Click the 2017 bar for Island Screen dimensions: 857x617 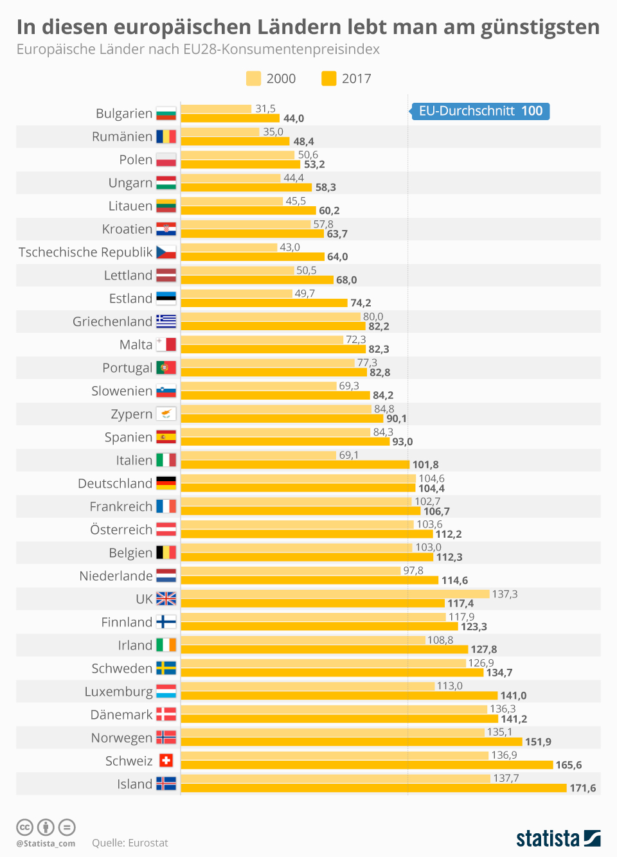click(x=373, y=788)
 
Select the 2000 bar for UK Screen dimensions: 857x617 click(x=335, y=594)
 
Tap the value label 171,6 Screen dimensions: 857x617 click(x=583, y=788)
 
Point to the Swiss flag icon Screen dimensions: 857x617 click(x=166, y=761)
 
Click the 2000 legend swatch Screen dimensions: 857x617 click(x=253, y=78)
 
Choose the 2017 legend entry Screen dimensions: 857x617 click(x=347, y=78)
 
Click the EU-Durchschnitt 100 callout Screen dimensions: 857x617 click(x=480, y=111)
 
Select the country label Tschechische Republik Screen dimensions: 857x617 click(x=85, y=252)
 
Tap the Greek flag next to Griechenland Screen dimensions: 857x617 click(x=166, y=321)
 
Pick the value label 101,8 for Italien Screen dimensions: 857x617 click(x=425, y=464)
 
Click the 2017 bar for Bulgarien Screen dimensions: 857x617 click(x=230, y=118)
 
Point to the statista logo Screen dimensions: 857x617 click(x=558, y=838)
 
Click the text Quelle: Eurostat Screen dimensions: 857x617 click(x=130, y=843)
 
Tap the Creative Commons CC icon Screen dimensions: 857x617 click(x=24, y=827)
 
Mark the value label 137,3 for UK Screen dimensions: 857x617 click(x=505, y=594)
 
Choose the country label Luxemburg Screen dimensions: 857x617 click(x=119, y=692)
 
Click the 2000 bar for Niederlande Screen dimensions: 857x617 click(x=291, y=571)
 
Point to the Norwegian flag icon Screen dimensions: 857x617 click(x=166, y=738)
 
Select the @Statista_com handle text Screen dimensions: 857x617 click(x=46, y=844)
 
